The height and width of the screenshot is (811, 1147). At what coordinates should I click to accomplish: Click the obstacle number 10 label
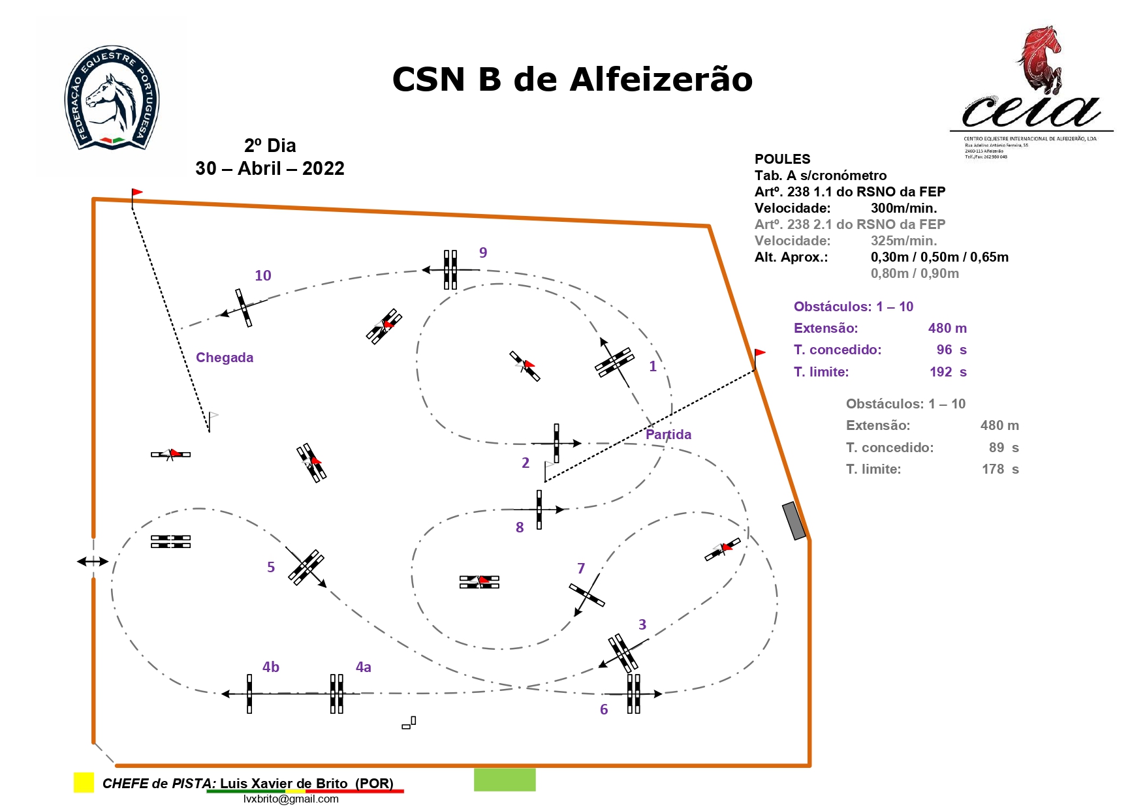pyautogui.click(x=262, y=275)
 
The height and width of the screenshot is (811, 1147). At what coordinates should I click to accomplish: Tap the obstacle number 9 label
pyautogui.click(x=483, y=252)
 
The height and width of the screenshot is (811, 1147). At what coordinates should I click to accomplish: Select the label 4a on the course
pyautogui.click(x=363, y=667)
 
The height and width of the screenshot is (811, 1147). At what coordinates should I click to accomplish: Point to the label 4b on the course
pyautogui.click(x=271, y=667)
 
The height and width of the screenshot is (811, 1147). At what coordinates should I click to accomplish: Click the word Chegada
pyautogui.click(x=225, y=358)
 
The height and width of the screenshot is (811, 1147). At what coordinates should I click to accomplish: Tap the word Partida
pyautogui.click(x=668, y=435)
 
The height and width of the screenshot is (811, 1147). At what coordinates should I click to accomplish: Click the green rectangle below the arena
pyautogui.click(x=505, y=780)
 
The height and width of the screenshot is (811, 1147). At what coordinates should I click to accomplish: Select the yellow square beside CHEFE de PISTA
pyautogui.click(x=84, y=782)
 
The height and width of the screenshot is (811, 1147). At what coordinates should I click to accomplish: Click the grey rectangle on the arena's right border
pyautogui.click(x=794, y=521)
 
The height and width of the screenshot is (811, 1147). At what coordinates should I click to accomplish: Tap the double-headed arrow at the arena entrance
pyautogui.click(x=93, y=561)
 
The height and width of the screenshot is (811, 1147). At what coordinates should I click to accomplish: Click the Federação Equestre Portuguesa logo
pyautogui.click(x=112, y=98)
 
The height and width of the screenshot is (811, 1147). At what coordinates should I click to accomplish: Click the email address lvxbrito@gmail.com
pyautogui.click(x=291, y=799)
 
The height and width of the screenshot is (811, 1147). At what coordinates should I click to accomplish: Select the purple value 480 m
pyautogui.click(x=947, y=328)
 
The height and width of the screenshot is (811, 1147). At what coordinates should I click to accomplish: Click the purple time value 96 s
pyautogui.click(x=951, y=350)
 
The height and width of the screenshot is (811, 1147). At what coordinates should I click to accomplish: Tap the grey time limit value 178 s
pyautogui.click(x=1000, y=469)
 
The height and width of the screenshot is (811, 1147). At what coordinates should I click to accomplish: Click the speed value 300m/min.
pyautogui.click(x=903, y=208)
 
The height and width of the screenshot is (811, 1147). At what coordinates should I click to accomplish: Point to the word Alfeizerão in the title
pyautogui.click(x=661, y=80)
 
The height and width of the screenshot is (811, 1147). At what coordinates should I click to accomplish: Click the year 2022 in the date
pyautogui.click(x=323, y=168)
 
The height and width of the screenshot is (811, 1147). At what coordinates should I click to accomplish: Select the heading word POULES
pyautogui.click(x=782, y=159)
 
